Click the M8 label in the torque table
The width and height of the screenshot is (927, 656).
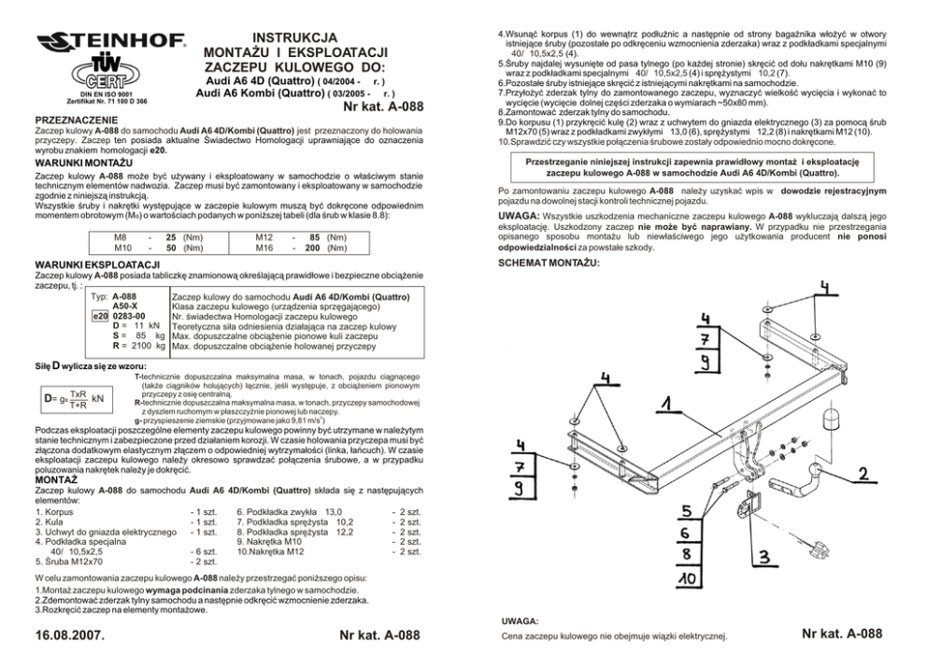coord(120,239)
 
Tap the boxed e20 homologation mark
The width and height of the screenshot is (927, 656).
coord(101,316)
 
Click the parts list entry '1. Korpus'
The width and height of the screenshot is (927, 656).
coord(56,512)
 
